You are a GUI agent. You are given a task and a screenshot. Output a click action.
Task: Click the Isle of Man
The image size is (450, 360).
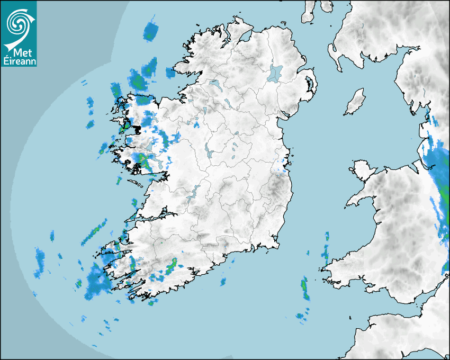coord(355,102)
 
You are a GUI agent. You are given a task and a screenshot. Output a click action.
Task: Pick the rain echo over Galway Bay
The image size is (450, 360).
coord(142,159)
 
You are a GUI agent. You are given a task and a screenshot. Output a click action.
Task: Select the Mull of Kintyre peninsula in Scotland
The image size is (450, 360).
coord(309,12)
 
